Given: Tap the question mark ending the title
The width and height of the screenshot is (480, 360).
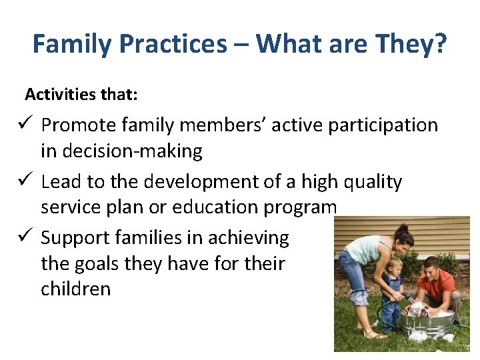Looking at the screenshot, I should point(441,45).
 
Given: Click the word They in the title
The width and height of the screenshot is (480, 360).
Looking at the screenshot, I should point(403,45).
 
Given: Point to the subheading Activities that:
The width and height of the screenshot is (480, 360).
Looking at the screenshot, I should point(81,95).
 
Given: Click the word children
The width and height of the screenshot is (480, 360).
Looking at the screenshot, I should point(75,289).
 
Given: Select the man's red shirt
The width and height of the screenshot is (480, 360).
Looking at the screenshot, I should point(437,285).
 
